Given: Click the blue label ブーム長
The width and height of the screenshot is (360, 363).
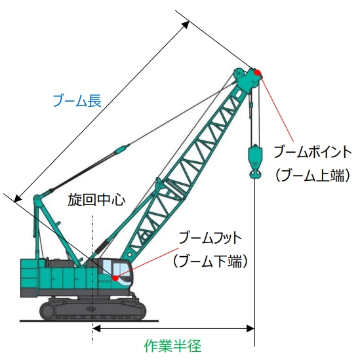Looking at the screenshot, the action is (77, 101).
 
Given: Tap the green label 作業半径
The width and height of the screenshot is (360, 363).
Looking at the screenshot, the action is (172, 346).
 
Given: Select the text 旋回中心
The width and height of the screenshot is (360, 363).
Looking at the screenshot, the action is (96, 200).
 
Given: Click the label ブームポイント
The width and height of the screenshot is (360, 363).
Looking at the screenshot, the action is (313, 152).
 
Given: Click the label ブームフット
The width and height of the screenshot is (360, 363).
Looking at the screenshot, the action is (210, 238).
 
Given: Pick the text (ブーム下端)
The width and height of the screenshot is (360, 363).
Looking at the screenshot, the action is (210, 261).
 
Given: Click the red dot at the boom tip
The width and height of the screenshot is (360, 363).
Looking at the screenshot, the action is (257, 73).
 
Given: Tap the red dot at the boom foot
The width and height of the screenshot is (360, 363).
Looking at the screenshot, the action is (115, 278).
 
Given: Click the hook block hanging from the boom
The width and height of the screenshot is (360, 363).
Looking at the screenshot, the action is (255, 161).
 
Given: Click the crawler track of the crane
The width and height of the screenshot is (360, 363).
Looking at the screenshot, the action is (92, 309).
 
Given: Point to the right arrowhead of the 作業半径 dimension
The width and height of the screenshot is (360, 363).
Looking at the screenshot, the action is (250, 328).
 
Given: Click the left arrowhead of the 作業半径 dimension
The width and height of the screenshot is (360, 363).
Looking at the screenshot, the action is (96, 328).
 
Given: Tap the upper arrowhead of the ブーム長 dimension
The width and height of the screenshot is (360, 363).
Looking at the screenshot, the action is (186, 24).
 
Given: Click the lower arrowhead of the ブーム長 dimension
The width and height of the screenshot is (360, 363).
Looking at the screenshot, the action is (18, 198).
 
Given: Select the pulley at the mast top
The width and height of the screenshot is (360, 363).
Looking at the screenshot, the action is (37, 199).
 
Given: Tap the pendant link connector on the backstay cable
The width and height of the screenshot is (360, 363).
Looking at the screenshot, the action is (122, 149).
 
